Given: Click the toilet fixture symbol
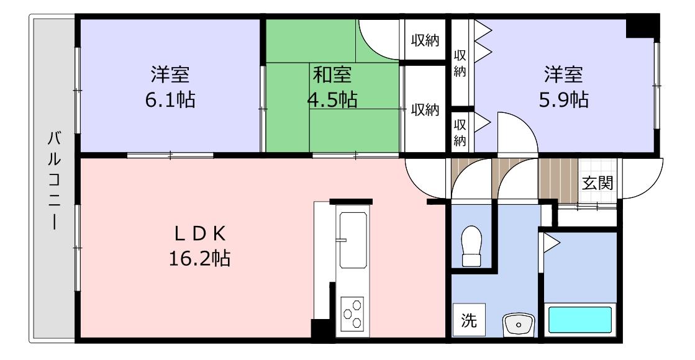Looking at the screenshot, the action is pos(471,246).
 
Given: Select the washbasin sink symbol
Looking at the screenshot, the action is pos(519,325).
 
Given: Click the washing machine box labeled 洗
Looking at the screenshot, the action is pos(468,320).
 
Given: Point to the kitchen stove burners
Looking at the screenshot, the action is pos(352,313).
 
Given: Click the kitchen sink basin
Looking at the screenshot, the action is pos(353,240).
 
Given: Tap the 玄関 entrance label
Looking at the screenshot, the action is pos(598,182).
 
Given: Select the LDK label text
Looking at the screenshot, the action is pos(200,233).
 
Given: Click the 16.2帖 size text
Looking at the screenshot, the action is pos(199,258).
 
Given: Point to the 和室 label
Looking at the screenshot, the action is pos(332,75).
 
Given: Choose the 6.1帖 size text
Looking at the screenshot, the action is pos(170,100).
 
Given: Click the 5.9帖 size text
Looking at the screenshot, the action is pos(564,100).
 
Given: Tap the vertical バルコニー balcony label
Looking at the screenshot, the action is pos(54,181).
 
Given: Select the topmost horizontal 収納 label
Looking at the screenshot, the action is pos(425,40).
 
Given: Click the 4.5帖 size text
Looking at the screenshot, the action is pos(332,100).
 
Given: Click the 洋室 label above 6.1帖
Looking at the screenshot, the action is pos(170,75).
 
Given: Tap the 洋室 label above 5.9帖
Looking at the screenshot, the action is pos(564,75).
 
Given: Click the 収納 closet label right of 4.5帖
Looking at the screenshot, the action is pos(425,109).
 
